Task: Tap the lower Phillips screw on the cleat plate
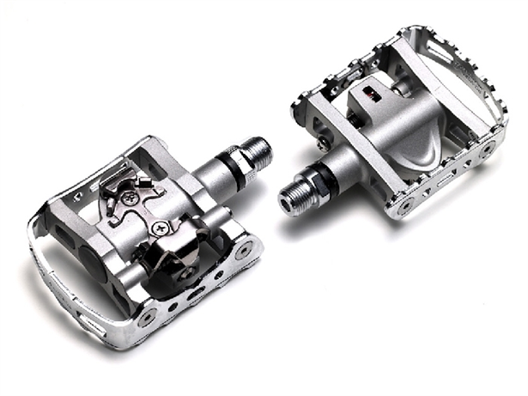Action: (160, 228)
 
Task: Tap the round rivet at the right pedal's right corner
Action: (489, 148)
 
